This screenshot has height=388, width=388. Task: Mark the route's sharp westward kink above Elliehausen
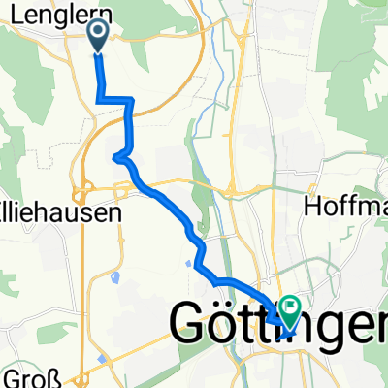tap(115, 156)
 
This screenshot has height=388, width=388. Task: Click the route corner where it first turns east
tap(98, 98)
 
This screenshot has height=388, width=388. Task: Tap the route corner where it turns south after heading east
tap(130, 99)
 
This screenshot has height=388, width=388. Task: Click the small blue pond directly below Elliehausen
tap(115, 278)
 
